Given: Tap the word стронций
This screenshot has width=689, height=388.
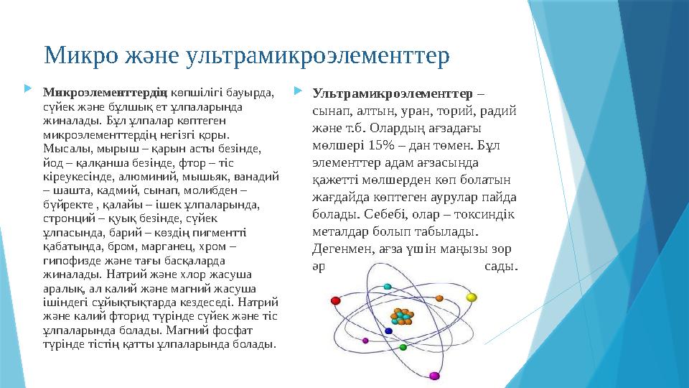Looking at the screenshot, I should pos(67,217).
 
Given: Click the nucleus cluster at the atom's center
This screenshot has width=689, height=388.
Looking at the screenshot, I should pos(403,316).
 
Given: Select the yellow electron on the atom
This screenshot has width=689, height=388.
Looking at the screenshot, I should pos(472,296).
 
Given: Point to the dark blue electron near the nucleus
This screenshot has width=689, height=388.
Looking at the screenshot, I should pos(389,331).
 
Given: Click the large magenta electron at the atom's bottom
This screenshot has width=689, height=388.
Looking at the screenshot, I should pos(433,375).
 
